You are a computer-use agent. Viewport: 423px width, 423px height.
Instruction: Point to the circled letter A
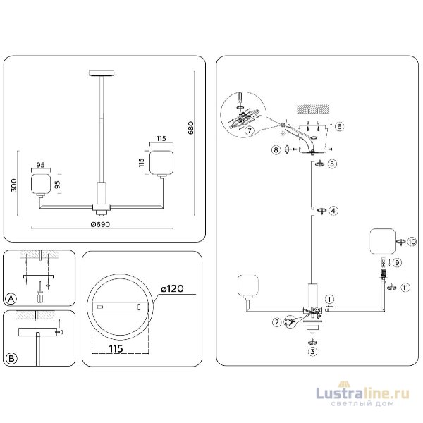click(x=11, y=300)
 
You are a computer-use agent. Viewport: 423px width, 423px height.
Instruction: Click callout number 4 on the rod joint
click(x=333, y=210)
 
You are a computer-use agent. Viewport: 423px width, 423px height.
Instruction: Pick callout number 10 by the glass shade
click(x=412, y=241)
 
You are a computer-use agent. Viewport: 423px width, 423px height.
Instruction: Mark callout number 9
click(x=397, y=262)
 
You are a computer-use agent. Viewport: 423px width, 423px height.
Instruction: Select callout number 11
click(x=405, y=288)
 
